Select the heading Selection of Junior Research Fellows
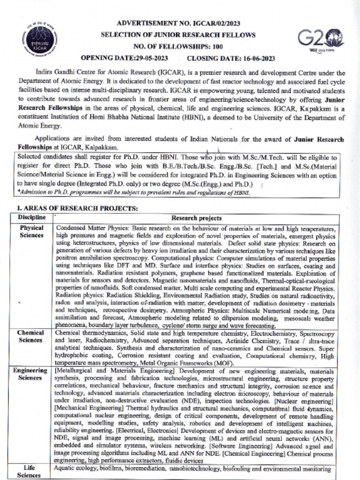[x=180, y=35]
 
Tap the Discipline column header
[x=32, y=217]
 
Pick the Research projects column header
[x=196, y=218]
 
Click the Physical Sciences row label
[x=31, y=231]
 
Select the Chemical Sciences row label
[x=31, y=336]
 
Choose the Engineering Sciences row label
[x=30, y=374]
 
